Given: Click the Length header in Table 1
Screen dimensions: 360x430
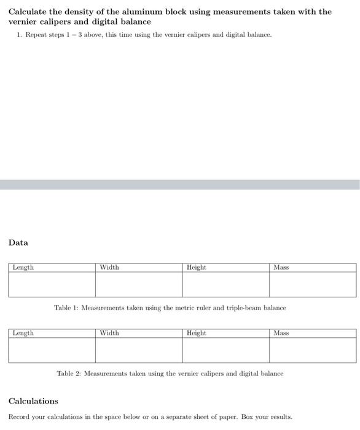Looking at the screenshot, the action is pos(23,267).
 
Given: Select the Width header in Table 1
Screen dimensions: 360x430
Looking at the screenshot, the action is pos(109,267).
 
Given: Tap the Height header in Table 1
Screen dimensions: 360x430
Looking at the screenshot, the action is pos(197,267).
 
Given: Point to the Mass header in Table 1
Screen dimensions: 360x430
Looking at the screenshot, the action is pos(281,267).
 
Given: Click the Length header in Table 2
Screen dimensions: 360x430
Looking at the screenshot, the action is pos(23,333).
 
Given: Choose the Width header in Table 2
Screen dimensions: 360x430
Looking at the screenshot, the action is pos(109,333).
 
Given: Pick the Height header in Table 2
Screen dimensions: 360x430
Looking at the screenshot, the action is pos(197,333).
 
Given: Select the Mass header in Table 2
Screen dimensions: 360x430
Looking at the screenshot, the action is pos(281,333).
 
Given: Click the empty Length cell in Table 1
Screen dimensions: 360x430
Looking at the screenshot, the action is pos(52,284).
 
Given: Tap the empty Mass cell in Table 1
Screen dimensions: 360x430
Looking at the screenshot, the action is pos(313,284).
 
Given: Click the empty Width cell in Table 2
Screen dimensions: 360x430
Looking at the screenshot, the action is pos(139,350).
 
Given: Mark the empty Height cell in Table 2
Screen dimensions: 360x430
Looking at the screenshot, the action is pos(225,350).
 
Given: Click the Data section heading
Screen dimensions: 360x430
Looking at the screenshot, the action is pos(18,243).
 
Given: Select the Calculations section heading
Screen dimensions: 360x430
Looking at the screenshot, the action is pos(33,401).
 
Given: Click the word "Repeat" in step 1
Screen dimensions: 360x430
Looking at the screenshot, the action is pos(36,34).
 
